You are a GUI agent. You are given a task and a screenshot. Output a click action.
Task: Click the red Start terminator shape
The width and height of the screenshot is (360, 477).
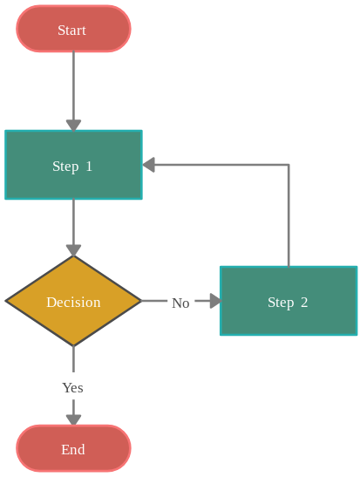pyautogui.click(x=73, y=29)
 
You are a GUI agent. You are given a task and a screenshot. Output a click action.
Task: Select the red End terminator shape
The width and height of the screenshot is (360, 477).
pyautogui.click(x=73, y=448)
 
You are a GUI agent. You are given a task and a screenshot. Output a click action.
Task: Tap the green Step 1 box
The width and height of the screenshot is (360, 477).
pyautogui.click(x=73, y=165)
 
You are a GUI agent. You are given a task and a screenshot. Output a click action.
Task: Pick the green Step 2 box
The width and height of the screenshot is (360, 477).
pyautogui.click(x=289, y=301)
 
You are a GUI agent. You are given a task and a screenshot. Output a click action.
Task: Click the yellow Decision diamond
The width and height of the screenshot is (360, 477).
pyautogui.click(x=73, y=301)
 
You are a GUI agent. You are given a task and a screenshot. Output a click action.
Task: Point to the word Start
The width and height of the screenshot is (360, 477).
pyautogui.click(x=71, y=31)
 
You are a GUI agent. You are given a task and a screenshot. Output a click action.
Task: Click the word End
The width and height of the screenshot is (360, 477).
pyautogui.click(x=73, y=450)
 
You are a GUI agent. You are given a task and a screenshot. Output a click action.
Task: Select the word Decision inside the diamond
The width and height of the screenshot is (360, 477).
pyautogui.click(x=73, y=302)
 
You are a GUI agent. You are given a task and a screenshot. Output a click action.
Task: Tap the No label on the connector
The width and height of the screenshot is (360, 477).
pyautogui.click(x=180, y=303)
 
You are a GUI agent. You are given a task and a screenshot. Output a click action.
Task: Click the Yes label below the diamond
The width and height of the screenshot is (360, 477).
pyautogui.click(x=72, y=387)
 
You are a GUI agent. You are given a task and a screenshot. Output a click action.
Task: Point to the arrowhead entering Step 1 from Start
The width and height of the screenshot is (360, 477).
pyautogui.click(x=73, y=126)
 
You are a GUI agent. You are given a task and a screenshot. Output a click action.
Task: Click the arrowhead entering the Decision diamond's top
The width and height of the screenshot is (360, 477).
pyautogui.click(x=73, y=250)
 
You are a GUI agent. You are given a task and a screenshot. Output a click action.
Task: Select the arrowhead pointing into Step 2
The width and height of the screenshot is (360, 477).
pyautogui.click(x=215, y=301)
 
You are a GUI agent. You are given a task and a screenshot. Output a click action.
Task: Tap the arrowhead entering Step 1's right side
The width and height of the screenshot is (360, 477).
pyautogui.click(x=149, y=165)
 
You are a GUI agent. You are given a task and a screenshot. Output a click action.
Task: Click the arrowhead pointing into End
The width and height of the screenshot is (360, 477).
pyautogui.click(x=73, y=419)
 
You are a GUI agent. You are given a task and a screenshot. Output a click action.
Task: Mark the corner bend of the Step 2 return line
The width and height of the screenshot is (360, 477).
pyautogui.click(x=289, y=165)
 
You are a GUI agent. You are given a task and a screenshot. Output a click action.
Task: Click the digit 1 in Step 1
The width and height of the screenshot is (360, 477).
pyautogui.click(x=89, y=166)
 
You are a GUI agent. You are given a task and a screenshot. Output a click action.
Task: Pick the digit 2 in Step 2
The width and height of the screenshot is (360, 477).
pyautogui.click(x=304, y=302)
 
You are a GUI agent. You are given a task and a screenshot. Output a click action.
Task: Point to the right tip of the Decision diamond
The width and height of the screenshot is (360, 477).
pyautogui.click(x=142, y=301)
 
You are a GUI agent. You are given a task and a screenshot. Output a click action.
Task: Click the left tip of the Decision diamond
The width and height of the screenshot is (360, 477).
pyautogui.click(x=5, y=301)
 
